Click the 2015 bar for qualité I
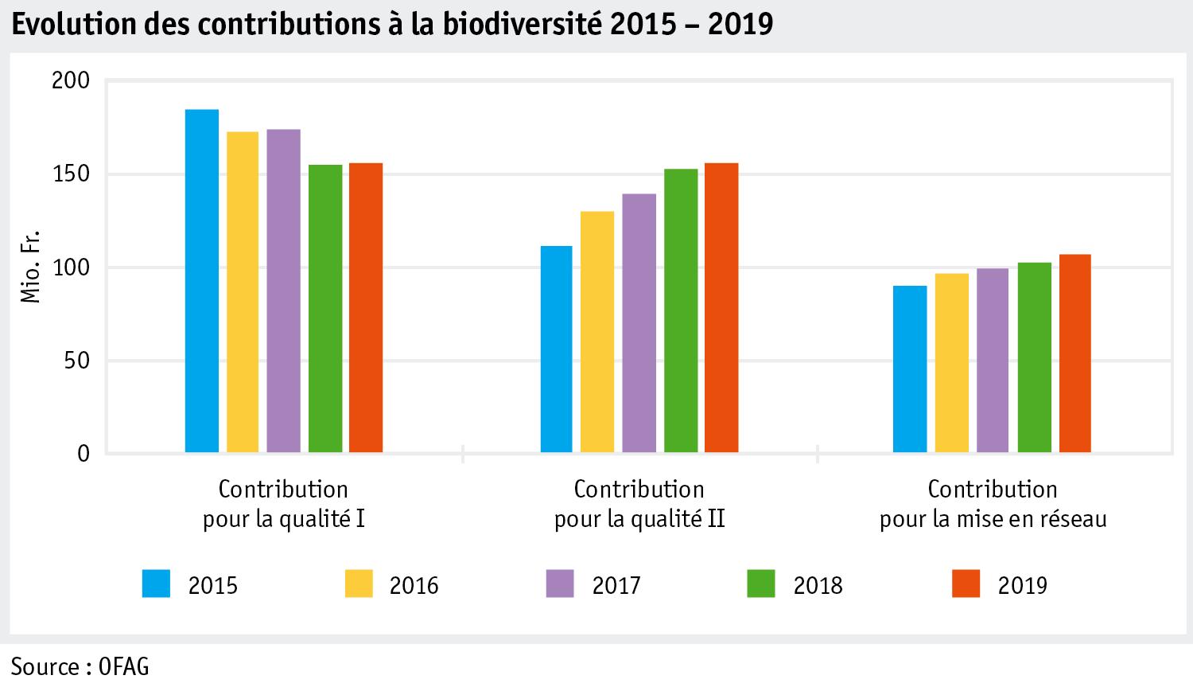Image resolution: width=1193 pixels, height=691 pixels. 202,281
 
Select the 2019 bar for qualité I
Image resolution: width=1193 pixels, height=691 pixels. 366,308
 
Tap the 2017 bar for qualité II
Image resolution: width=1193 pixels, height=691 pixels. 639,323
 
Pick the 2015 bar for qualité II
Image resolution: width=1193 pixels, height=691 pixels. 557,349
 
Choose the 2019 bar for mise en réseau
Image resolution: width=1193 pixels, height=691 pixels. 1074,353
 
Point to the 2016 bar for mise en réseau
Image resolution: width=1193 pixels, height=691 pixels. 952,363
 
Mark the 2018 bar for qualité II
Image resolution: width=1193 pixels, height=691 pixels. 681,310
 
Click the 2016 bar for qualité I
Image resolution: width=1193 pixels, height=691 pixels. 243,292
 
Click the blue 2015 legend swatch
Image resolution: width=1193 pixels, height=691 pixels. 156,584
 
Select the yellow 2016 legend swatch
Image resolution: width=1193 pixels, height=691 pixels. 359,584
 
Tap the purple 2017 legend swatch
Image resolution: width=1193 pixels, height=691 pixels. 560,584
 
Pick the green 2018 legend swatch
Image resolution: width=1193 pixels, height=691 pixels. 761,584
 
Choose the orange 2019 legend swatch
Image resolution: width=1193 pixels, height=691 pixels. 966,584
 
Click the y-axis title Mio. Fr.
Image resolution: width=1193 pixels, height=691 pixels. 30,267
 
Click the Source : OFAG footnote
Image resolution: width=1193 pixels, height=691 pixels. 80,666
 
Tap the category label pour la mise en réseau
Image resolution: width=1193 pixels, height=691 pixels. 993,520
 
